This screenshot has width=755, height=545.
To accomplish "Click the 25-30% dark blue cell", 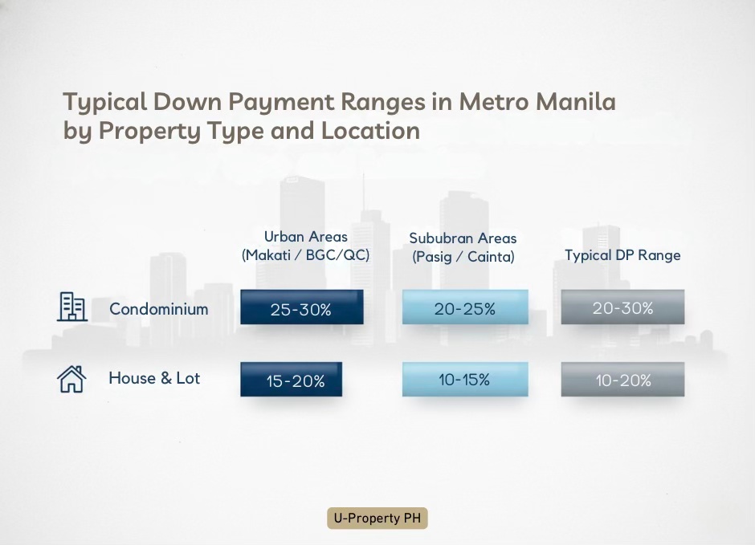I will [301, 308].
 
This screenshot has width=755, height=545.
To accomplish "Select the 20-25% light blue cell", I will [464, 308].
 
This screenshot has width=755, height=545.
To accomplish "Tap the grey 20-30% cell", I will [622, 308].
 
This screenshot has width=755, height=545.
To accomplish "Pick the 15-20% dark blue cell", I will [292, 380].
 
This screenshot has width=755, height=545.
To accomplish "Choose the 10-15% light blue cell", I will [464, 380].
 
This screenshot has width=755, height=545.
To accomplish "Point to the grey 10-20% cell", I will [622, 380].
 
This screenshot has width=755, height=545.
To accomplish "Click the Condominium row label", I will [158, 309].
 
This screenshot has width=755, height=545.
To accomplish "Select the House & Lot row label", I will [154, 378].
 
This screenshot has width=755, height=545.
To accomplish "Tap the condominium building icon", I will [71, 307].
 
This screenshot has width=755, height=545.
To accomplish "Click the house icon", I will [71, 379].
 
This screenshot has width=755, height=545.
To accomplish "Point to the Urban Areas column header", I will [306, 237].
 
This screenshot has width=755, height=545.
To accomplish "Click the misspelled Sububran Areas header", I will [463, 238].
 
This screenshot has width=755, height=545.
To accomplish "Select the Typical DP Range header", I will [622, 255].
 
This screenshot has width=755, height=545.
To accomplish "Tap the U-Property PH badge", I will [377, 519].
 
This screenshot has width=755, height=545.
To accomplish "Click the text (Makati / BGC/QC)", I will [306, 255].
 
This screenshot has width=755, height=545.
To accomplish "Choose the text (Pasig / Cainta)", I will [463, 257].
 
